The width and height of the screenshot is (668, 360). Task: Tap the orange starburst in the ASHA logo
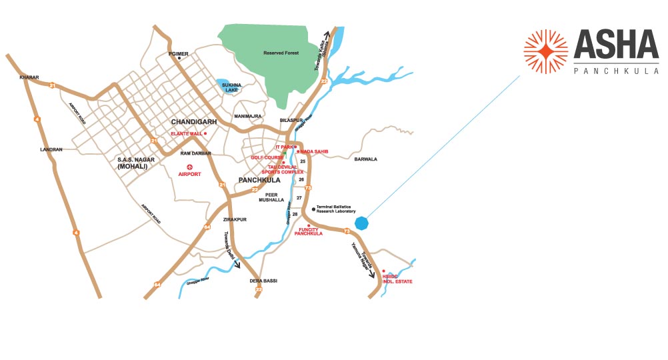545,51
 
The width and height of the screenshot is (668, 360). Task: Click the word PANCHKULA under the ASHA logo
616,70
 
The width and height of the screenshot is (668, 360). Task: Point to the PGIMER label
179,53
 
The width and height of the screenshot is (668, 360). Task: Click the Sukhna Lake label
231,87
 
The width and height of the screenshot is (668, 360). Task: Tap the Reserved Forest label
281,53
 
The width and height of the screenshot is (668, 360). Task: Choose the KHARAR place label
31,77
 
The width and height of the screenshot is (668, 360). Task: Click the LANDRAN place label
51,149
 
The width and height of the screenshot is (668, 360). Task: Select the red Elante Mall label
187,133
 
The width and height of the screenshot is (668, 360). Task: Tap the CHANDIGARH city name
191,122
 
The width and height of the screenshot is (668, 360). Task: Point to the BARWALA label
365,159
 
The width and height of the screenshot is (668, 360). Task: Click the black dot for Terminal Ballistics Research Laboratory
304,209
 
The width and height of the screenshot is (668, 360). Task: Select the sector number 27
299,198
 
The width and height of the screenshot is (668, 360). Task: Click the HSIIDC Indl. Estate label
397,279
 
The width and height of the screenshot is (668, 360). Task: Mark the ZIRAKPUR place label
235,219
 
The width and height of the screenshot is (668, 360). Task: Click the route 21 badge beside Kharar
51,85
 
